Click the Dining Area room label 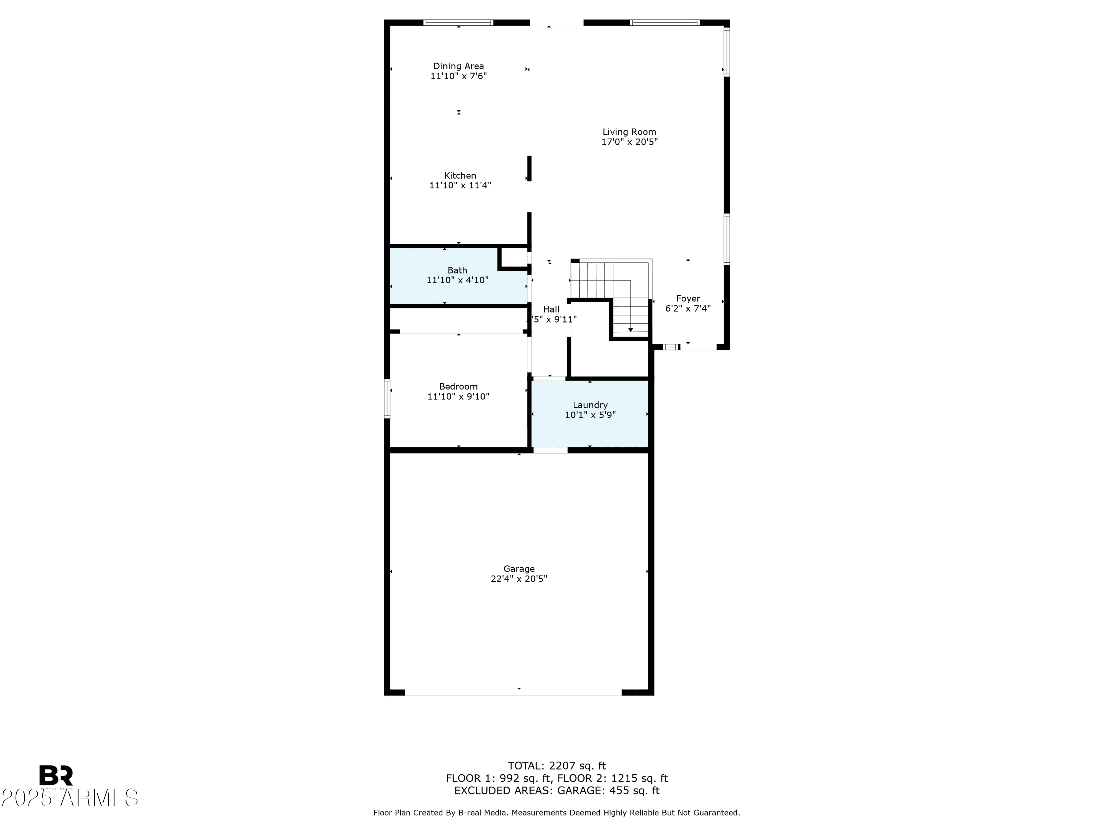[x=458, y=66]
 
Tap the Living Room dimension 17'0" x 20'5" [x=629, y=142]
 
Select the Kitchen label [x=460, y=175]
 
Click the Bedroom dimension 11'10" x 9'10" [x=458, y=396]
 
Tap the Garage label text [x=519, y=568]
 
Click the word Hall [x=551, y=310]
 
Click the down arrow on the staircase [x=630, y=329]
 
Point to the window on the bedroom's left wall [x=387, y=399]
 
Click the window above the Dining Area [x=458, y=23]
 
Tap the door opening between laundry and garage [x=550, y=450]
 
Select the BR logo [x=56, y=775]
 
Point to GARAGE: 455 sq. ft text [x=608, y=791]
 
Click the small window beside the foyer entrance [x=671, y=347]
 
